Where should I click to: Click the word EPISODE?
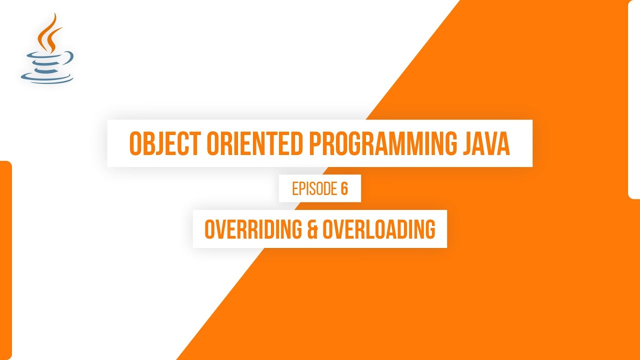(314, 189)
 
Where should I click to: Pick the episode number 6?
(344, 189)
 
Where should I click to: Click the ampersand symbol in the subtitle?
(311, 229)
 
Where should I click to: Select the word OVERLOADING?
(379, 229)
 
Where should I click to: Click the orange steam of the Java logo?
(49, 32)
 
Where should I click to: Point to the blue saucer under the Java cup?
(47, 78)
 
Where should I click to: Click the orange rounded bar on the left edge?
(5, 260)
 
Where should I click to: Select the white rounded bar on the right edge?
(634, 100)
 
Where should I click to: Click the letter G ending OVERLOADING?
(429, 229)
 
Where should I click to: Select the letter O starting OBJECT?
(135, 143)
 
